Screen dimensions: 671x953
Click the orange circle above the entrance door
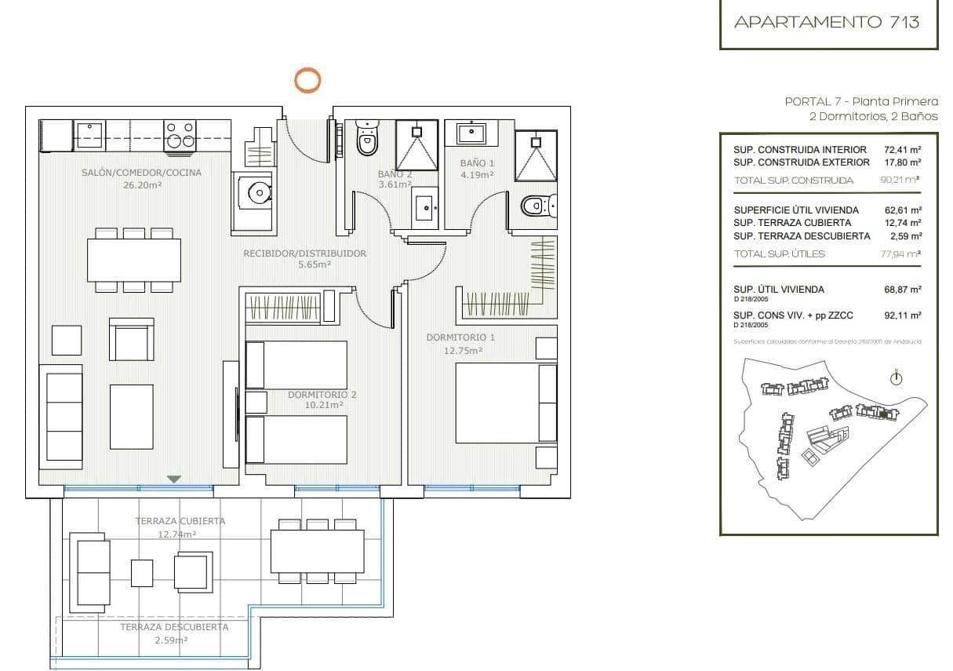[307, 80]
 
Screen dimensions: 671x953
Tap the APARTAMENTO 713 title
[826, 22]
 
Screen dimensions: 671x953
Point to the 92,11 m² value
[902, 315]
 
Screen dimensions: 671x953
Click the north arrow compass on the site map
[896, 378]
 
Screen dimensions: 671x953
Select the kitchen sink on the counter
[89, 135]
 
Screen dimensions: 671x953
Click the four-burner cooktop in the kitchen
[180, 135]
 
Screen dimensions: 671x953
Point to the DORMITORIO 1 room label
[460, 337]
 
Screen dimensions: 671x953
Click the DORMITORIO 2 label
[322, 395]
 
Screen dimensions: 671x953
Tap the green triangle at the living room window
[174, 479]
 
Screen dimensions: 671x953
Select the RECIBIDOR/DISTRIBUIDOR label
[304, 253]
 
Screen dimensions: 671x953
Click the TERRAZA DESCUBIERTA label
[174, 627]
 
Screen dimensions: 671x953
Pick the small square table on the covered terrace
[142, 573]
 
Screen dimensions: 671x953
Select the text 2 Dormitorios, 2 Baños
[873, 116]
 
